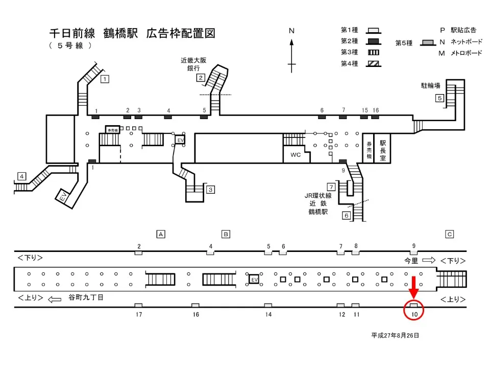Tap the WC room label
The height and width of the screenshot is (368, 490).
coord(296,154)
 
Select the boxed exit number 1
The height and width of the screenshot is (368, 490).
coord(105,79)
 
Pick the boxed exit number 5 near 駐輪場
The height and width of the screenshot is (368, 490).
coord(439,99)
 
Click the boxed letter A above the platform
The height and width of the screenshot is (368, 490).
coord(161,234)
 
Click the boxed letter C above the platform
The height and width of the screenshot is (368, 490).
coord(450,234)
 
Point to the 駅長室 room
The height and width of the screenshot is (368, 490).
coord(383,148)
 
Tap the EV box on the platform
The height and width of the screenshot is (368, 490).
coord(254,279)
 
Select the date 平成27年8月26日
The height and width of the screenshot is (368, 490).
coord(395,335)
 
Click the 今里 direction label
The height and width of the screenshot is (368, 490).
coord(411,260)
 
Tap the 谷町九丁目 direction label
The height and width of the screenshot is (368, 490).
coord(85,297)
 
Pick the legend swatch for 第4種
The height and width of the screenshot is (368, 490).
coord(374,64)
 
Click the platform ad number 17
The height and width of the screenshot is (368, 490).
coord(138,314)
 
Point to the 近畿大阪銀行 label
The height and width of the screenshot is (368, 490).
coord(194,64)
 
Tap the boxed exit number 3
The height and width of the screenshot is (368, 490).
coord(210,190)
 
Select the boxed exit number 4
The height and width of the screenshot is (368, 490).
coord(21,176)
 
